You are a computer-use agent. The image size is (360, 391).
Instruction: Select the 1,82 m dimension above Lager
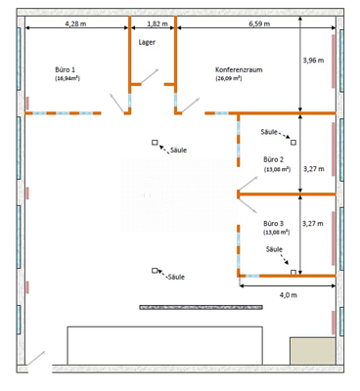click(x=155, y=21)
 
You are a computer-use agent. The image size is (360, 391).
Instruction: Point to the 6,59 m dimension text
click(x=259, y=21)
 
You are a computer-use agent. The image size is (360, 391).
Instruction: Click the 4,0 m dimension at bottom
click(x=289, y=294)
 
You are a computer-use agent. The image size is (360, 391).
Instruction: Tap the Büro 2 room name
click(x=274, y=158)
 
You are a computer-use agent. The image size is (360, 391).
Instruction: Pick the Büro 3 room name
click(x=274, y=224)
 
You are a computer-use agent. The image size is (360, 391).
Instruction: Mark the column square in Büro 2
click(x=292, y=143)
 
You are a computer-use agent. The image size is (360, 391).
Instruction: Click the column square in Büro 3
click(x=292, y=273)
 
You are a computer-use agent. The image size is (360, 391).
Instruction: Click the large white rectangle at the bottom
click(x=164, y=345)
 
